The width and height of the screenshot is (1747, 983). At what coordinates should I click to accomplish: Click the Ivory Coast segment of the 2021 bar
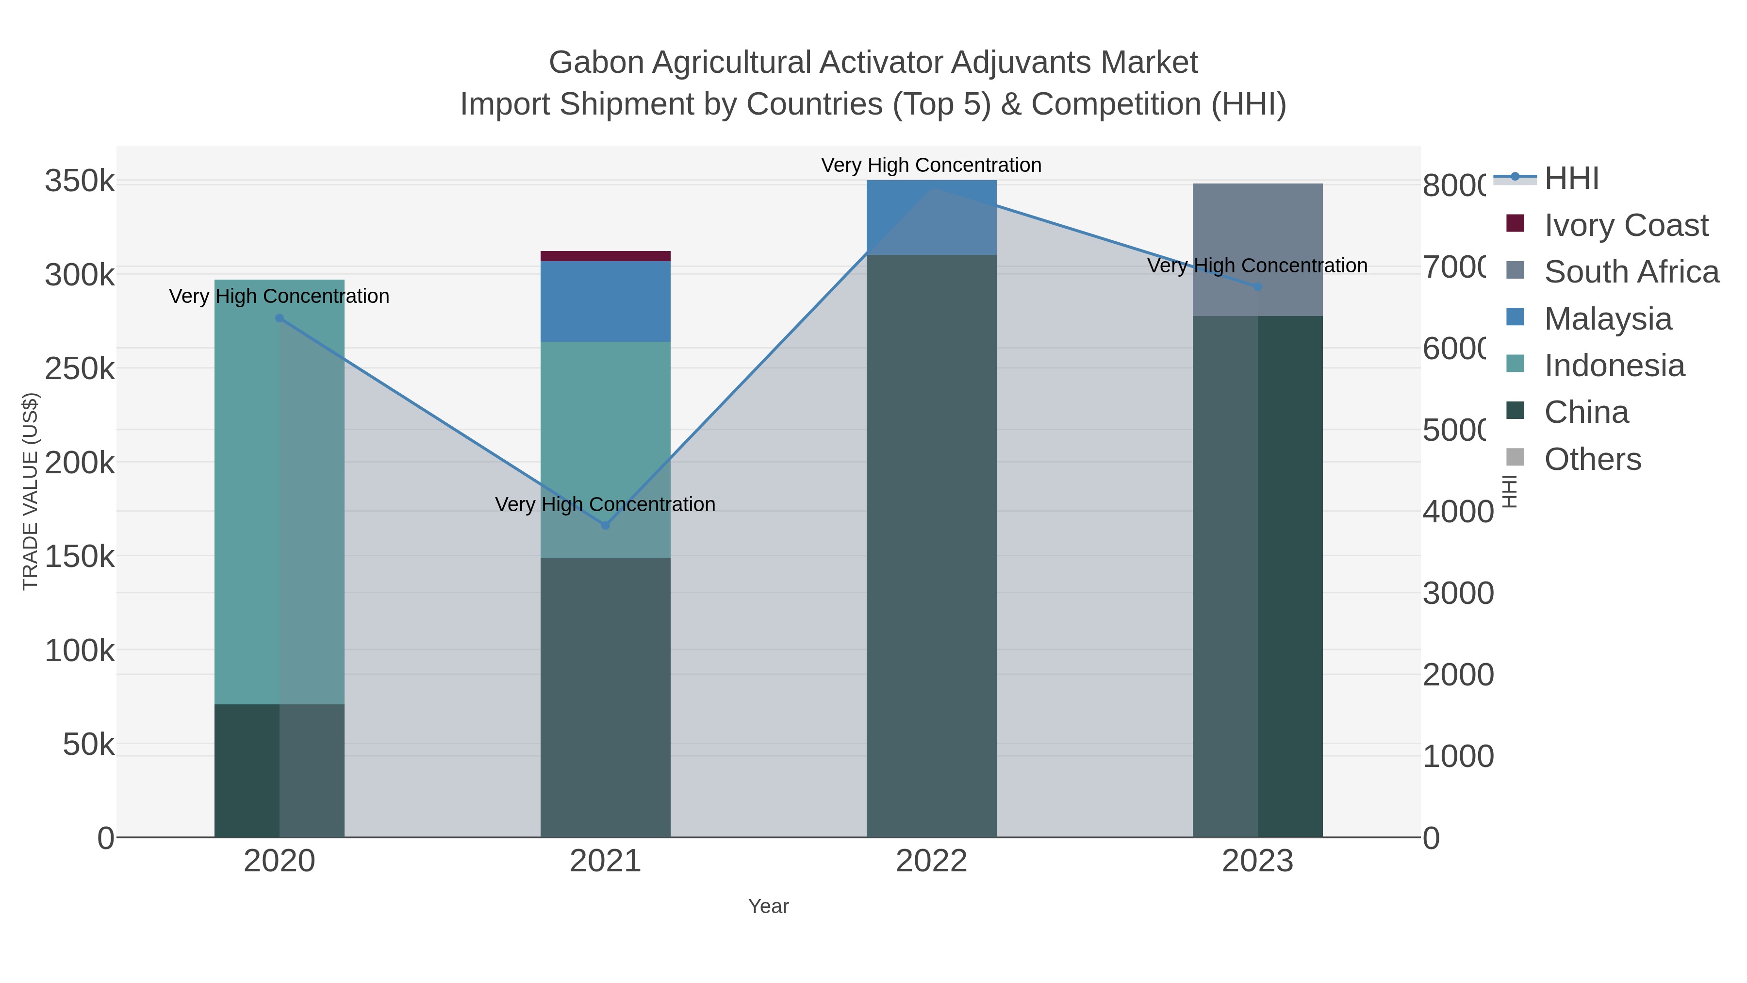point(605,256)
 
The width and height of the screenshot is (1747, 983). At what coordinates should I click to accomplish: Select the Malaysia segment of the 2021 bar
point(605,301)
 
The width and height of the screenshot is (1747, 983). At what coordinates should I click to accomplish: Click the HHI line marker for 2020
point(280,318)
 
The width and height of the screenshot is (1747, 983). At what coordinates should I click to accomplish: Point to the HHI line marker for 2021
point(606,525)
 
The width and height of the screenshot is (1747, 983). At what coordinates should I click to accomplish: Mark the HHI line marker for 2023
point(1257,287)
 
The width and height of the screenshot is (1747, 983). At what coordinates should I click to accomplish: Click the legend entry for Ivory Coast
point(1626,225)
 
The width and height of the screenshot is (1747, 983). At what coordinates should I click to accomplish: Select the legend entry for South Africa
point(1631,272)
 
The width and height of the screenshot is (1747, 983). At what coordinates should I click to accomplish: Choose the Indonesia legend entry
point(1614,366)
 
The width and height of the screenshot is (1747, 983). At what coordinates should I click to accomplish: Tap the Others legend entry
point(1592,459)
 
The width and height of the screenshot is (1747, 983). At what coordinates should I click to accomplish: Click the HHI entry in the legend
point(1571,179)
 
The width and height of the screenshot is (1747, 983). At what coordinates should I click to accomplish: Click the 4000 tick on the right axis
point(1457,512)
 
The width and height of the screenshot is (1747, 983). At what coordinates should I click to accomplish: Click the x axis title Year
point(768,906)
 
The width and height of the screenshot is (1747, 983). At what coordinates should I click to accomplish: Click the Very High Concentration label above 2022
point(931,165)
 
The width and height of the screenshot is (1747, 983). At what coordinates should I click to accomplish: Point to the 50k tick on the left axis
point(88,745)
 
